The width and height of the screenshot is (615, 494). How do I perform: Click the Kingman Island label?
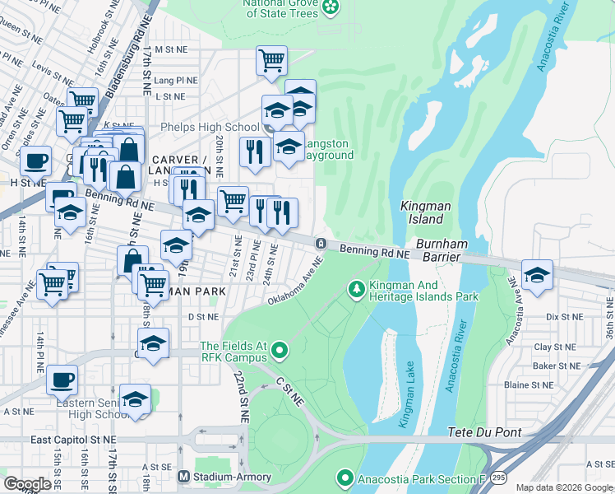coord(422,212)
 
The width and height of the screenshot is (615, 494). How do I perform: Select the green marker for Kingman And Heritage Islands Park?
coord(356,289)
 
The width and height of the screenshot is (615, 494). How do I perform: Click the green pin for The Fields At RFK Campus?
coord(280,352)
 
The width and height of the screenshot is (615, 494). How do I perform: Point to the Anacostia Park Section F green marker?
coord(345,478)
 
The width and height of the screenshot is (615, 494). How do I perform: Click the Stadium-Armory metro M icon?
coord(183,477)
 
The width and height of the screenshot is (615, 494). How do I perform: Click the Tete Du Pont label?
coord(479,432)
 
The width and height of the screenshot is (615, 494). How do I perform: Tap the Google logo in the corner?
coord(26,484)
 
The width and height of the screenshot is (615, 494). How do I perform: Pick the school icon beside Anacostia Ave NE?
coord(537,276)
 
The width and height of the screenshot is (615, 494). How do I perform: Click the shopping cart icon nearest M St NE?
coord(271,60)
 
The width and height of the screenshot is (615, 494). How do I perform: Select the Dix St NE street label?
coord(563,316)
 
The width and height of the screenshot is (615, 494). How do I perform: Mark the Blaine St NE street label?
coord(529,384)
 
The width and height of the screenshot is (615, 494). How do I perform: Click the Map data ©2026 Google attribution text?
coord(564,487)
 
